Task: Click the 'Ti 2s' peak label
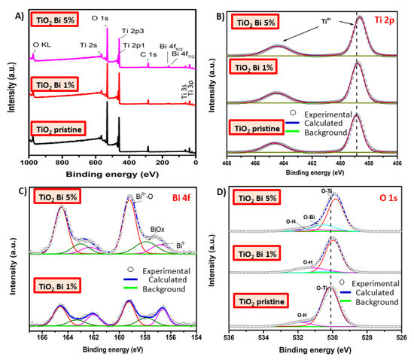coord(89,44)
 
